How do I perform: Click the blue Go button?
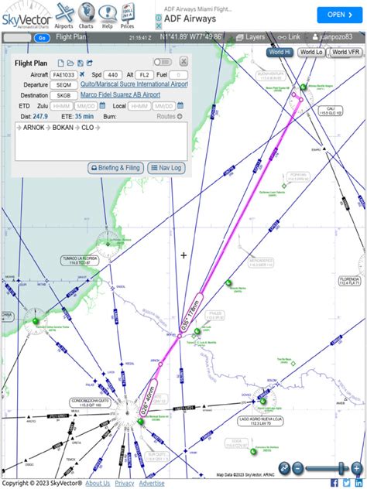coord(42,37)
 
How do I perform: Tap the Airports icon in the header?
coord(64,13)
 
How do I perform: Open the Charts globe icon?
coord(86,13)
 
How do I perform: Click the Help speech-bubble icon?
coord(107,13)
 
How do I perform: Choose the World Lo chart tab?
coord(311,52)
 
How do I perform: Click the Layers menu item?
coord(250,37)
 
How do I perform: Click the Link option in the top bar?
coord(290,37)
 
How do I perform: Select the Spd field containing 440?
coord(113,74)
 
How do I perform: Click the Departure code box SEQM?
coord(64,84)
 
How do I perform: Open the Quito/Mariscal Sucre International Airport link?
coord(134,84)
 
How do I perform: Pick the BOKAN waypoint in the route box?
coord(63,127)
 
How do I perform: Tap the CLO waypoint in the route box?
coord(87,127)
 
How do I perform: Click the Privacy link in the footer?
coord(125,483)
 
